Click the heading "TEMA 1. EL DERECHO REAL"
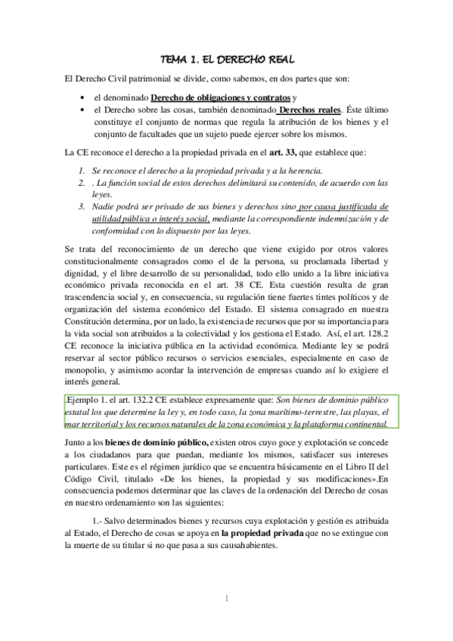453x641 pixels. [227, 59]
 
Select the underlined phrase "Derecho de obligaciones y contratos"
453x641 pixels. [221, 98]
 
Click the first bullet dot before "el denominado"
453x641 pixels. [81, 98]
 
